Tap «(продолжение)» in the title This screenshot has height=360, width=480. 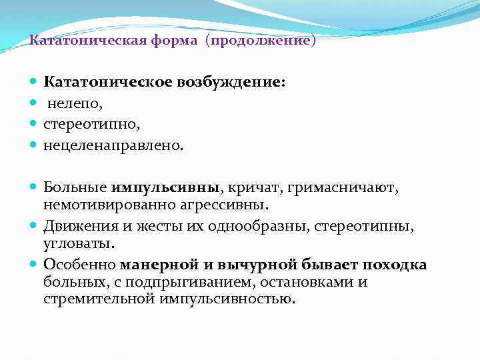coord(260,41)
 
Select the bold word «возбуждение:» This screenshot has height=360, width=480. coord(231,83)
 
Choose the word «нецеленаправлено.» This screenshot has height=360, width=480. coord(112,145)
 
